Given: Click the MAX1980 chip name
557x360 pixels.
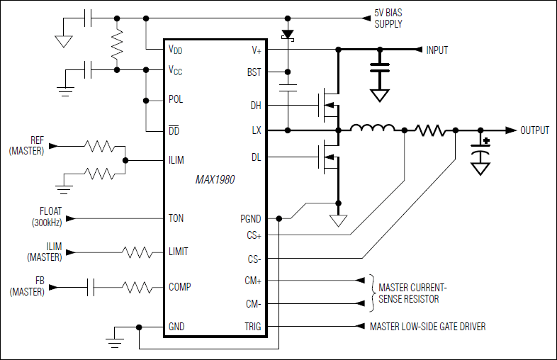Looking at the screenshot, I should pos(215,180).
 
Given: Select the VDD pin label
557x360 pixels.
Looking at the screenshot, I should pos(176,50).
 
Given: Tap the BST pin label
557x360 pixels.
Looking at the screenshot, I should pos(254,72).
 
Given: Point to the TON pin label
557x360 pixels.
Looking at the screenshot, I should pos(176,218).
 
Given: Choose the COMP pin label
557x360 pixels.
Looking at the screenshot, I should pos(180,287).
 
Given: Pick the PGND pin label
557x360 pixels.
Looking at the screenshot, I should pos(250,218).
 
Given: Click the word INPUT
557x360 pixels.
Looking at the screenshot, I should pos(437,50).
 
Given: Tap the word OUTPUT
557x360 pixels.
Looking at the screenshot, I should pos(534,130).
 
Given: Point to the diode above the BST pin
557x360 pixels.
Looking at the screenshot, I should pos(288,34).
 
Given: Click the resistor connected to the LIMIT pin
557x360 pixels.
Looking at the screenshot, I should pos(137,252).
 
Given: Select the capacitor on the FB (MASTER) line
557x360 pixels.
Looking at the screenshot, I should pos(91,287).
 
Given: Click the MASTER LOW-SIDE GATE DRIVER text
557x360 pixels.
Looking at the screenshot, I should pos(427,327).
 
